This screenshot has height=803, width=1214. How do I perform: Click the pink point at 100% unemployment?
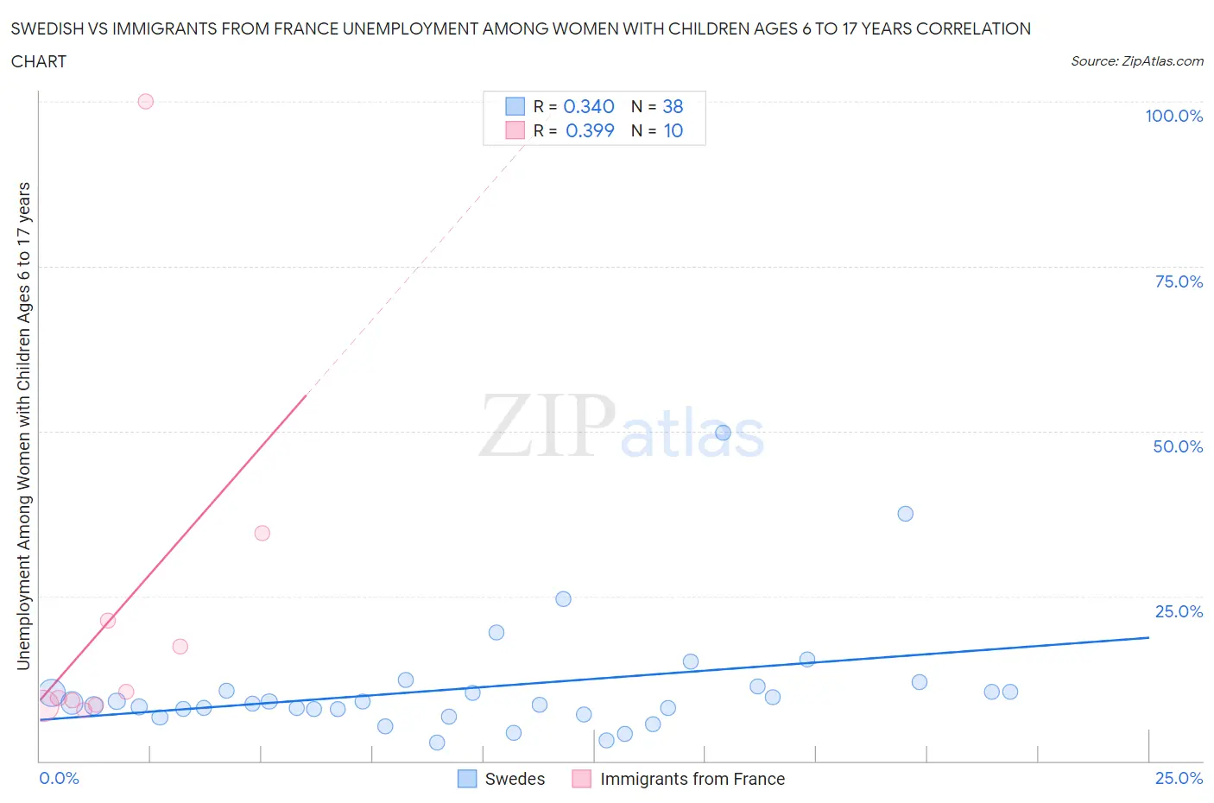tap(146, 102)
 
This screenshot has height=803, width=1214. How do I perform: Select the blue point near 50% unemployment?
tap(724, 433)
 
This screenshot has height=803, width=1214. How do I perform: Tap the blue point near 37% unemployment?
tap(905, 514)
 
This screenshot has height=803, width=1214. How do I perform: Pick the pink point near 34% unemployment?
tap(262, 533)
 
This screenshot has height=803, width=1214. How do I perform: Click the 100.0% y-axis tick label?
tap(1173, 116)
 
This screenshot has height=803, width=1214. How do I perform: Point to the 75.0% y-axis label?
tap(1179, 281)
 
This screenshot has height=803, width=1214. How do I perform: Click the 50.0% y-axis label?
tap(1178, 446)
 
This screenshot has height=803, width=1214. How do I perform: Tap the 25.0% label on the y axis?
tap(1179, 611)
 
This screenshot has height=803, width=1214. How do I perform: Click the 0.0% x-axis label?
tap(60, 778)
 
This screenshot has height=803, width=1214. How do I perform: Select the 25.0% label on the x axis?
tap(1179, 778)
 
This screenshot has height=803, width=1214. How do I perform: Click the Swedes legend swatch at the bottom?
tap(467, 779)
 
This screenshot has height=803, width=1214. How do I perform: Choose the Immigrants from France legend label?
tap(692, 779)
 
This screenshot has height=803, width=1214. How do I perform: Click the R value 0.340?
tap(589, 106)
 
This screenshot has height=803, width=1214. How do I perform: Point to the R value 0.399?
tap(590, 130)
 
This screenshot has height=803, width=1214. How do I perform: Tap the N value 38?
tap(673, 106)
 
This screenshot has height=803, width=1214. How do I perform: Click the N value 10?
tap(673, 130)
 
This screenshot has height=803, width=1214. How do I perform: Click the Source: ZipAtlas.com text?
tap(1136, 61)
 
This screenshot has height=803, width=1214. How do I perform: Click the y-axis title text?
tap(24, 426)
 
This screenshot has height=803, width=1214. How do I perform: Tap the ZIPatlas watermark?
tap(622, 427)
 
